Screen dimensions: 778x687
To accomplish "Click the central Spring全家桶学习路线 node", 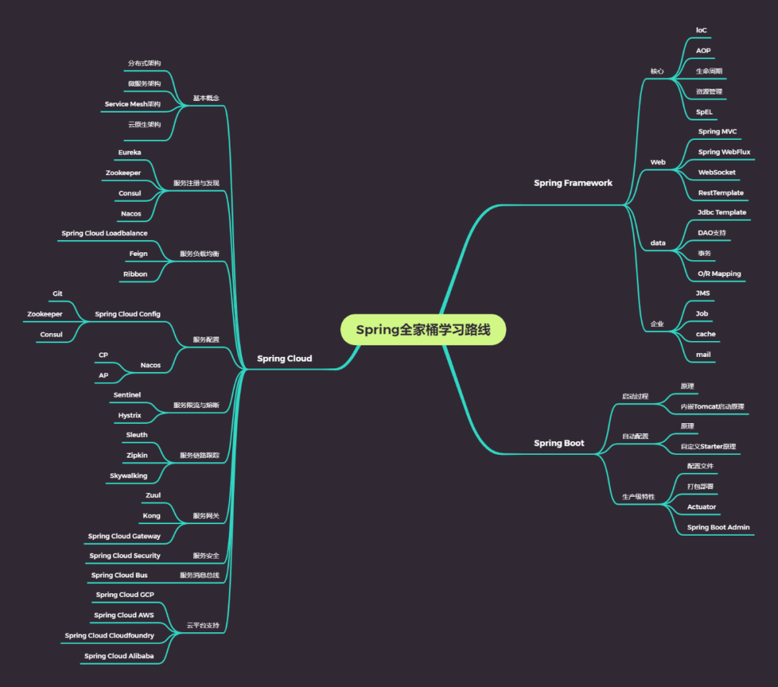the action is [423, 330].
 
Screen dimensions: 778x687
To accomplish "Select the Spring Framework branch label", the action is [573, 183].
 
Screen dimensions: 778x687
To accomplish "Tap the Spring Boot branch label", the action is [559, 443].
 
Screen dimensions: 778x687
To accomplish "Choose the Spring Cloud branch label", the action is [285, 359].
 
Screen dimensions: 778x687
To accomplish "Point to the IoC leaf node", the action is [701, 30].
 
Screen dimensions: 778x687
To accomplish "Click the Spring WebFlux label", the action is [724, 152].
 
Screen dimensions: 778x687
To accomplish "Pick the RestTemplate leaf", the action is [720, 193].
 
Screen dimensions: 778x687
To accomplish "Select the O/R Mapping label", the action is [719, 274].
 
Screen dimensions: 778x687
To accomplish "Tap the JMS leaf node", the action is [702, 293].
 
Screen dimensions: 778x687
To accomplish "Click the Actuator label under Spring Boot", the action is [701, 507].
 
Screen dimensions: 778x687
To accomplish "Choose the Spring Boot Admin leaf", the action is [718, 527].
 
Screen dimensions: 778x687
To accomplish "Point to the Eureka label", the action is [130, 153].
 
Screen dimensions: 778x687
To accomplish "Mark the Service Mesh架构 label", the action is [133, 105].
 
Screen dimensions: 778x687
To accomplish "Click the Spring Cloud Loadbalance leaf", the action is [104, 234].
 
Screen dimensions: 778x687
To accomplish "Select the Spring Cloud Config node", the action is [128, 314].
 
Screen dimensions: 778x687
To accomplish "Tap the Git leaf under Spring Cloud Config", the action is [58, 294].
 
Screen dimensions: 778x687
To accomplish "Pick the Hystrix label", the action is [130, 415].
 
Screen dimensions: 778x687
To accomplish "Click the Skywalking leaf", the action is [128, 476].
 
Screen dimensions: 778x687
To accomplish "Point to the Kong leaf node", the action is [151, 516].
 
